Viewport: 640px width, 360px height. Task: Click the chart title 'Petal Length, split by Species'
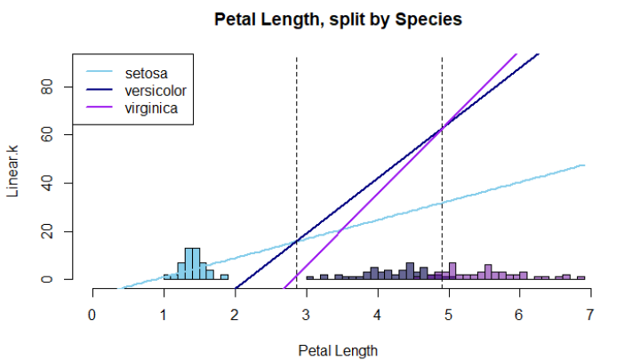click(338, 19)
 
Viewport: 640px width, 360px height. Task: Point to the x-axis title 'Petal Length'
click(338, 349)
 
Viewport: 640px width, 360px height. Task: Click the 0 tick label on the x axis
click(92, 314)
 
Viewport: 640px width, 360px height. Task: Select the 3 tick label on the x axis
click(306, 314)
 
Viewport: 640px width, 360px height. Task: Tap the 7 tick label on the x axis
click(590, 314)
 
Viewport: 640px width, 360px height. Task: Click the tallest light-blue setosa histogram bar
click(192, 263)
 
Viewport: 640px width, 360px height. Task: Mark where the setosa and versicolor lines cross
click(296, 241)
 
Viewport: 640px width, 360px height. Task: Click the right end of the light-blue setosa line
click(583, 165)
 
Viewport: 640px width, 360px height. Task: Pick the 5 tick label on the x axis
click(448, 314)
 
